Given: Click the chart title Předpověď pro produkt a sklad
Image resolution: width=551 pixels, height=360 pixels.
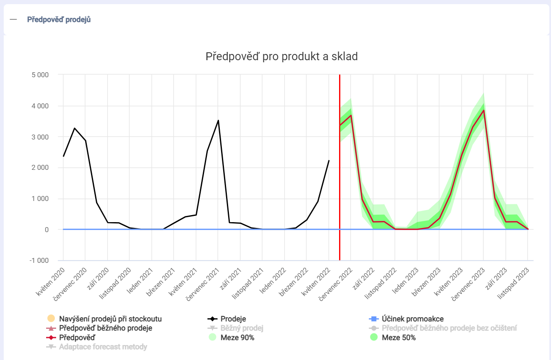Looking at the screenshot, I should [281, 56].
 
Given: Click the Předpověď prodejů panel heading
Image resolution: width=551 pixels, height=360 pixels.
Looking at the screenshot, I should [59, 20].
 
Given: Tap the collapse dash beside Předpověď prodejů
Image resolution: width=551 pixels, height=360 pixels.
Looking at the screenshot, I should [13, 20].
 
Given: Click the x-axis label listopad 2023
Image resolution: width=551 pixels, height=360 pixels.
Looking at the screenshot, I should [514, 283].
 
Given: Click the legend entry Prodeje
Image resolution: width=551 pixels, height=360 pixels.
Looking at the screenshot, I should [233, 319].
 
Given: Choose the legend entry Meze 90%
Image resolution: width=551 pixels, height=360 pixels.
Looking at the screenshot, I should [237, 338].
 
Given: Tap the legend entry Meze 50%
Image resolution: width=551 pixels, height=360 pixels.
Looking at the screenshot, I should [398, 338].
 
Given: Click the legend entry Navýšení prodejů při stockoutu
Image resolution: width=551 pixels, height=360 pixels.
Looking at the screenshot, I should [110, 319].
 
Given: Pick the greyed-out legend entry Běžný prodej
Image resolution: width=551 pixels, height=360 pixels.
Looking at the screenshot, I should [242, 328].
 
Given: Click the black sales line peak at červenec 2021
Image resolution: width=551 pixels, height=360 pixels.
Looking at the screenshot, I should [218, 120].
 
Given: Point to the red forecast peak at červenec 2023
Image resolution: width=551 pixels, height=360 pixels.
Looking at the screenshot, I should [484, 110].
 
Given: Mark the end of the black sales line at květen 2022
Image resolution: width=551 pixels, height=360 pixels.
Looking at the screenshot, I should [329, 161].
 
